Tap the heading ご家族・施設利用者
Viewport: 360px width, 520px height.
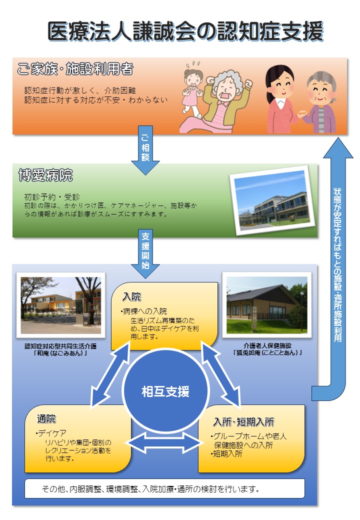click(x=75, y=69)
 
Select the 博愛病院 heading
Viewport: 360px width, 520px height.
click(x=45, y=175)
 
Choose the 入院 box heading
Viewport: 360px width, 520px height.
click(x=132, y=297)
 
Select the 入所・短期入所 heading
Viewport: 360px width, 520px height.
click(x=243, y=421)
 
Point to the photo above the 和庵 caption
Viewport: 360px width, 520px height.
click(x=60, y=305)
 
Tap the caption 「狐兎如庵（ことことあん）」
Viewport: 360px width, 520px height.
click(x=266, y=352)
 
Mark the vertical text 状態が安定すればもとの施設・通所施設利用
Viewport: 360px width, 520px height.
click(x=337, y=265)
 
